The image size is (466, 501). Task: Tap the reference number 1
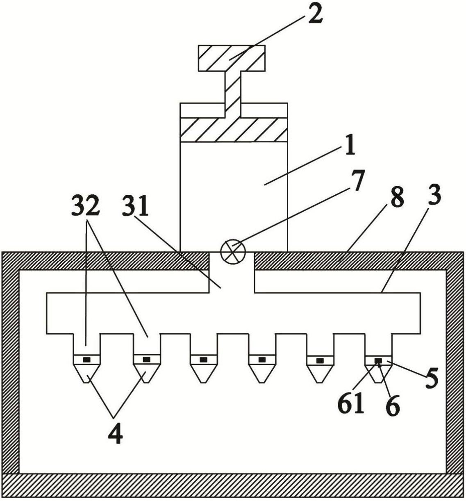(350, 146)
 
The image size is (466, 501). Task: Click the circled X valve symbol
(233, 252)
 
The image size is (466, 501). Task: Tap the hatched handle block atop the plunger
(232, 58)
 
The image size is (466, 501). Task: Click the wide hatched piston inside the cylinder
(234, 130)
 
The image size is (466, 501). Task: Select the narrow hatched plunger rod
(233, 94)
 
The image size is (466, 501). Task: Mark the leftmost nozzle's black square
(86, 360)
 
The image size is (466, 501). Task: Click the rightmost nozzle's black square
(378, 361)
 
